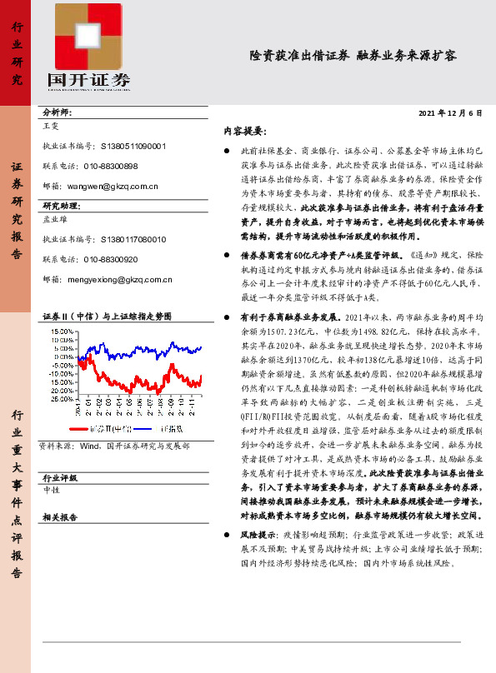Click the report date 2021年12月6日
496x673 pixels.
(449, 112)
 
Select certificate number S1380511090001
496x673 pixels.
(133, 144)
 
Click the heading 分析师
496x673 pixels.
(57, 111)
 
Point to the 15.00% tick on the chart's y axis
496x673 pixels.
(62, 331)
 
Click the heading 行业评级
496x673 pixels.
(59, 478)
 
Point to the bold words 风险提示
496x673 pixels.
(258, 533)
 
